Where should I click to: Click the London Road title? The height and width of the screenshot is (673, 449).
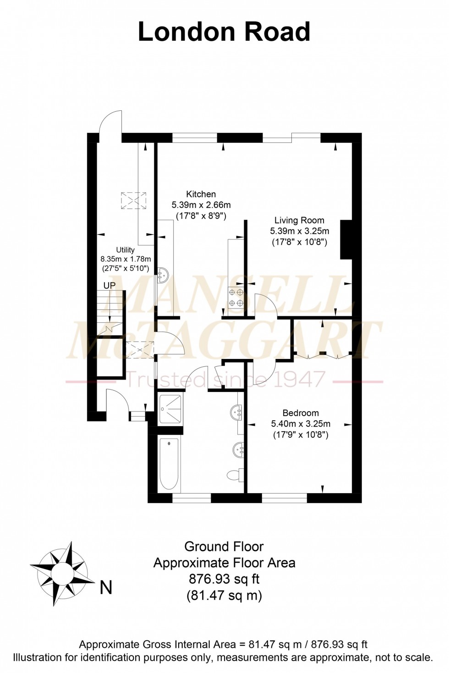click(224, 32)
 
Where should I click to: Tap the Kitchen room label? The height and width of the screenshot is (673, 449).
click(201, 194)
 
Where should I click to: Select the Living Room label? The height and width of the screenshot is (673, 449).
click(299, 220)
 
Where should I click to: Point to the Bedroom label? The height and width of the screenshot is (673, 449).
click(301, 413)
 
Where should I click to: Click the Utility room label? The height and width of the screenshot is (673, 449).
click(125, 250)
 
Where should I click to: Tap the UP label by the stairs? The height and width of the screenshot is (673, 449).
click(110, 286)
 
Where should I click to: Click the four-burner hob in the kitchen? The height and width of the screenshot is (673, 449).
click(236, 297)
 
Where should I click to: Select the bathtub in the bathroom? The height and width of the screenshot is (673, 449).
click(169, 464)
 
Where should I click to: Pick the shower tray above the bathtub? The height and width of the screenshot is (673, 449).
click(170, 408)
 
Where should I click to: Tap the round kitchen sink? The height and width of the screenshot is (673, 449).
click(163, 275)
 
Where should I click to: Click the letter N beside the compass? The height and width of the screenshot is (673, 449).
click(106, 587)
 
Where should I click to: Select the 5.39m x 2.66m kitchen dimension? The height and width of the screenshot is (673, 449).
click(201, 205)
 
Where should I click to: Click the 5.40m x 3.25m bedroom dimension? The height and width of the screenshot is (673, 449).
click(301, 424)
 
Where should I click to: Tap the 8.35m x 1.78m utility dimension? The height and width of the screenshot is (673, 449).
click(126, 259)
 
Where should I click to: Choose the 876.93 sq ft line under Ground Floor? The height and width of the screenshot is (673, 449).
click(224, 579)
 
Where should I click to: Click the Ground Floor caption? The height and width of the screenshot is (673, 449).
click(224, 547)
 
